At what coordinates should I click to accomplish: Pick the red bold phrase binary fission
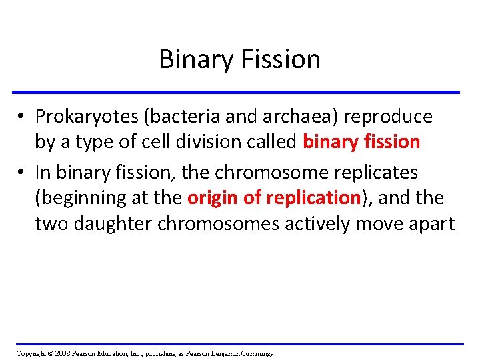[361, 142]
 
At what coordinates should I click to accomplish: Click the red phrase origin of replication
[274, 198]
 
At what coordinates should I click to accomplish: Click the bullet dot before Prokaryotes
[23, 117]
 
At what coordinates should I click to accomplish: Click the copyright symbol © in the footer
[50, 353]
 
